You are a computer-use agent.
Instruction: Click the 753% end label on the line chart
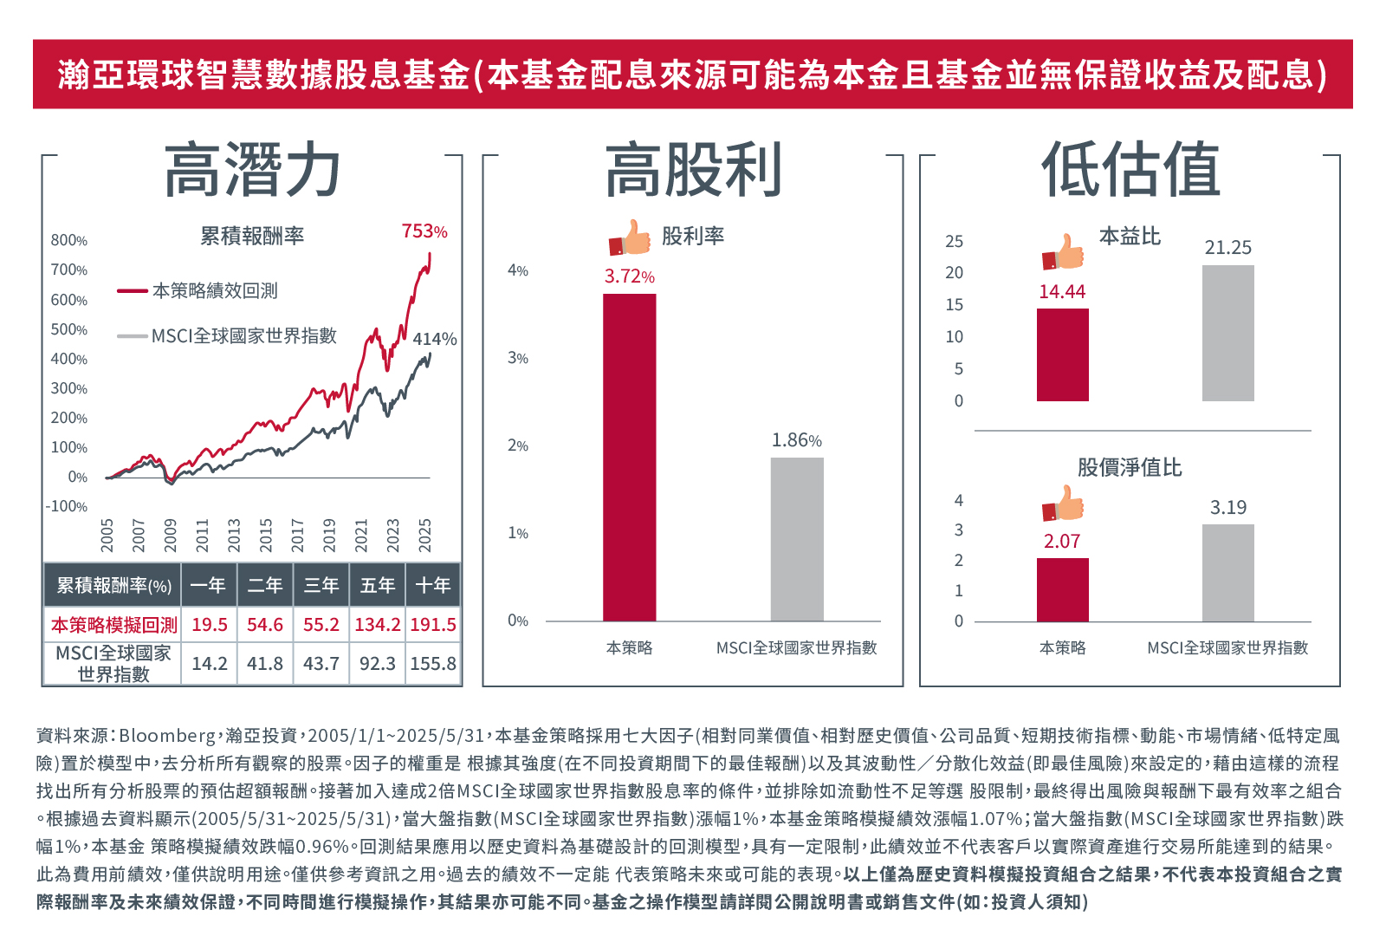[424, 231]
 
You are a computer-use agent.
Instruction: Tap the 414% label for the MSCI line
[435, 339]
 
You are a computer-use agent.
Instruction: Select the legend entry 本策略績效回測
[214, 291]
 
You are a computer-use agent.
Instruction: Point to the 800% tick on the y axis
[68, 240]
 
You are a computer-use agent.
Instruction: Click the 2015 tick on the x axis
[266, 535]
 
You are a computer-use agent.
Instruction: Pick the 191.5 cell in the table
[433, 625]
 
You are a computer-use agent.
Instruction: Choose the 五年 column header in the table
[378, 586]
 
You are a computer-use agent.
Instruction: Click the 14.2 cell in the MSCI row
[210, 664]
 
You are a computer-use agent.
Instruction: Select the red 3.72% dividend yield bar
[630, 457]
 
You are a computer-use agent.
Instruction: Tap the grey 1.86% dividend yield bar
[797, 539]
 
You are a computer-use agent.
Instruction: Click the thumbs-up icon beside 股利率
[630, 237]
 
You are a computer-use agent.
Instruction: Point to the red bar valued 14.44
[1063, 354]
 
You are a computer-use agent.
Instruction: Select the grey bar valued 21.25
[1227, 333]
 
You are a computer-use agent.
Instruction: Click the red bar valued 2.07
[1063, 589]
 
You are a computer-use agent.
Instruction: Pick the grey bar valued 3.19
[1227, 573]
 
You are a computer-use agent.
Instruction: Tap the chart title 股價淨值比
[1130, 468]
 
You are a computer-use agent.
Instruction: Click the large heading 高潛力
[252, 171]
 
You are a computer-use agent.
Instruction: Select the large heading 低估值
[1130, 171]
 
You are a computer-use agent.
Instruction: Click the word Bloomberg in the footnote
[167, 736]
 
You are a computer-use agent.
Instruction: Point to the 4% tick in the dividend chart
[518, 270]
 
